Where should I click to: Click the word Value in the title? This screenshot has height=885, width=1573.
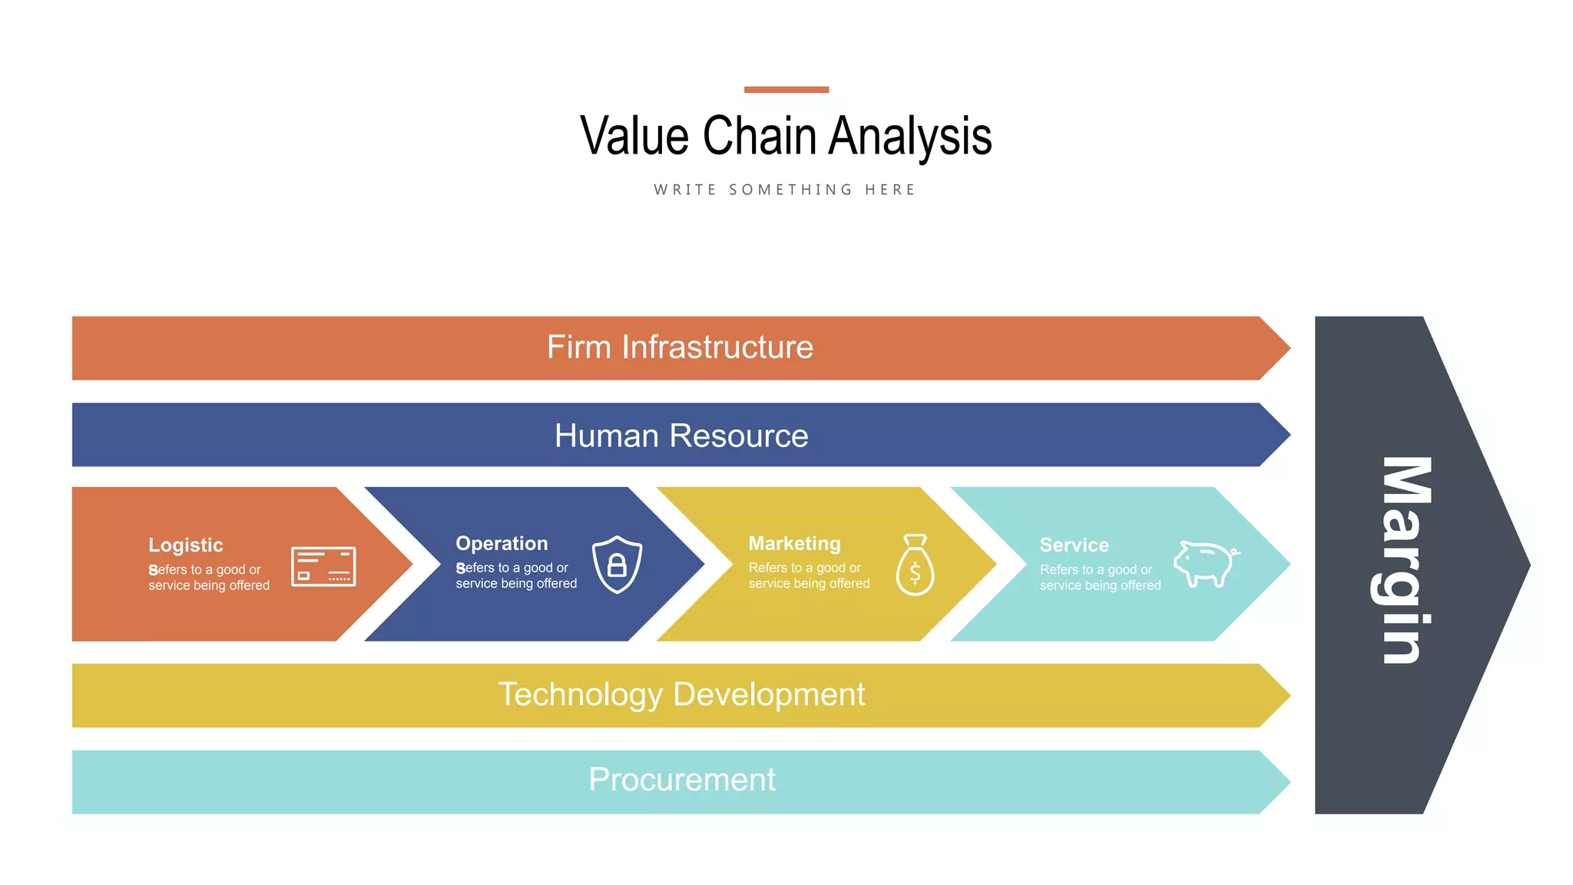tap(634, 137)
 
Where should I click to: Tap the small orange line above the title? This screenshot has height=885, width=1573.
tap(786, 90)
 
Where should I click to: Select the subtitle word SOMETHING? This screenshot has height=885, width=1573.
tap(790, 190)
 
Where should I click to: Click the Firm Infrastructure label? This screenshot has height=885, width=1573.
tap(680, 347)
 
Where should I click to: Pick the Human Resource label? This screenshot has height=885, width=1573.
tap(681, 436)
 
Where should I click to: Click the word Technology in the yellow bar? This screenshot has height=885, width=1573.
tap(580, 694)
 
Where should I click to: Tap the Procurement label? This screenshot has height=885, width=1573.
tap(681, 780)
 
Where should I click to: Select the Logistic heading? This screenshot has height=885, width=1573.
tap(186, 545)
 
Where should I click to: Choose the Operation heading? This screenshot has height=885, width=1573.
tap(502, 544)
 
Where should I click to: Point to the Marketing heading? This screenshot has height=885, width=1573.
tap(794, 544)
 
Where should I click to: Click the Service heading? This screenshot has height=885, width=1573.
tap(1074, 545)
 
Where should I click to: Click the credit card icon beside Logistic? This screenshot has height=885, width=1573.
tap(323, 567)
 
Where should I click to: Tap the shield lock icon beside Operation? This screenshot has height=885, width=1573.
tap(617, 565)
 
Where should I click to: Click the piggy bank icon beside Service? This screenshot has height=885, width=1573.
tap(1205, 564)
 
